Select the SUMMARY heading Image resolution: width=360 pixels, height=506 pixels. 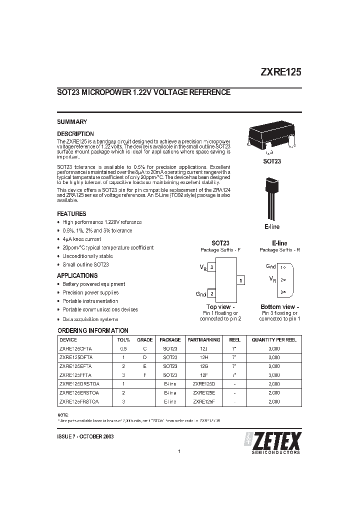click(72, 121)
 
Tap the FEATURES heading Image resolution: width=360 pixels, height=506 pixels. click(72, 213)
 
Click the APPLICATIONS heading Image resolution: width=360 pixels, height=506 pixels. click(77, 275)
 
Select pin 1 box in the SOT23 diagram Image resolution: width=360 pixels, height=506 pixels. click(240, 281)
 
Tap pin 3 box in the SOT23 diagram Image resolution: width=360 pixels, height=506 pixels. click(212, 268)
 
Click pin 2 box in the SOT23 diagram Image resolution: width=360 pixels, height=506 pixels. click(212, 294)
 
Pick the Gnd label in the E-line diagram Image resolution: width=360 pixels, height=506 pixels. click(271, 266)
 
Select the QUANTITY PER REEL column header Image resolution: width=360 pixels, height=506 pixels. click(273, 339)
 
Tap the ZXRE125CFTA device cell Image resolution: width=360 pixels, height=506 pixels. click(75, 348)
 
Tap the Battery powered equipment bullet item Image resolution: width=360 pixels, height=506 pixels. click(93, 284)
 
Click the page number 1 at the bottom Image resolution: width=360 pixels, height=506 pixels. click(178, 452)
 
